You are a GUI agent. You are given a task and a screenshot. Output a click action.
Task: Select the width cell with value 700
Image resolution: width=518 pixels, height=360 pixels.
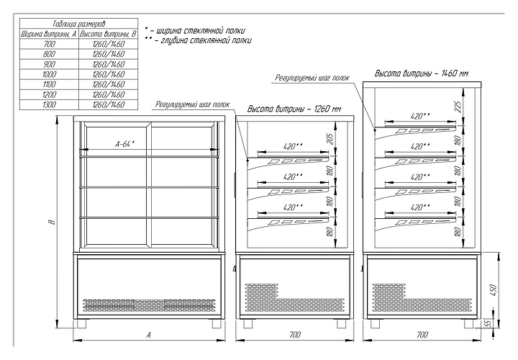click(x=49, y=45)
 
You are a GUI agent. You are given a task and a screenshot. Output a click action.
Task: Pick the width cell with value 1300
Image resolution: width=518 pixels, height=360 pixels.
click(x=49, y=104)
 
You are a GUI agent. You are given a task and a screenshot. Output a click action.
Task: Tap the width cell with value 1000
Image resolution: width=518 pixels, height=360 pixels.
click(x=49, y=74)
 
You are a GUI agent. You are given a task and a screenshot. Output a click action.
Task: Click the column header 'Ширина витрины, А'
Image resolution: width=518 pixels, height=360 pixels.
click(x=49, y=34)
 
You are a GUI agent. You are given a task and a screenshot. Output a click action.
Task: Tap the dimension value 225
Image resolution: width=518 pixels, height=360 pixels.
click(x=458, y=105)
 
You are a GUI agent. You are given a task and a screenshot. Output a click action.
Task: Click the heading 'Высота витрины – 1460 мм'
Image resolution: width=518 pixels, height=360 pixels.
click(x=422, y=74)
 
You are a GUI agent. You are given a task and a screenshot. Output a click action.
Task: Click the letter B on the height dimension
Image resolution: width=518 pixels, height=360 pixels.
click(x=51, y=223)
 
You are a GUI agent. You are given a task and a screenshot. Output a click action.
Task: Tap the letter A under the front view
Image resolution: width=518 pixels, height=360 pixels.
click(x=148, y=335)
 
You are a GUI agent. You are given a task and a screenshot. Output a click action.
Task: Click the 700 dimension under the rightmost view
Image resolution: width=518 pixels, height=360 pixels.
click(x=422, y=335)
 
